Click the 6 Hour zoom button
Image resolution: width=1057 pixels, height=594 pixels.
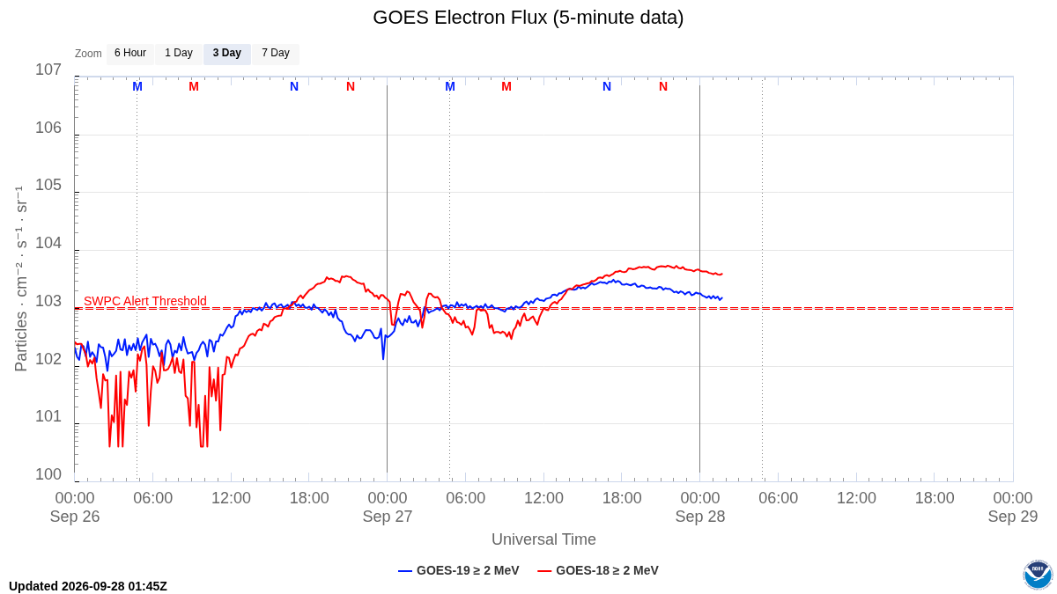(x=130, y=54)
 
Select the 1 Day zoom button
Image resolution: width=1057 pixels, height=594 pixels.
(x=179, y=54)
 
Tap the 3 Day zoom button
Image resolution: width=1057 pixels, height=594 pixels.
(x=227, y=54)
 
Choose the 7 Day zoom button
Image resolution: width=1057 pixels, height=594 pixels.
(x=276, y=54)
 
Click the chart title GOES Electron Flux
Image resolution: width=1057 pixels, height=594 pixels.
(x=528, y=18)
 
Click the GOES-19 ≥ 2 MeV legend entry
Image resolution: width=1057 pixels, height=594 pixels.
(x=459, y=570)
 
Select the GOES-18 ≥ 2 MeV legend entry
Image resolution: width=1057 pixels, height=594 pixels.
(x=598, y=570)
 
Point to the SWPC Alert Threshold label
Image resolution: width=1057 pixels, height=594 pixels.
(x=145, y=301)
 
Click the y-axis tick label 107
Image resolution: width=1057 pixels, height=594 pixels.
(x=48, y=70)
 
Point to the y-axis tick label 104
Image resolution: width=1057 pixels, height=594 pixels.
(x=48, y=243)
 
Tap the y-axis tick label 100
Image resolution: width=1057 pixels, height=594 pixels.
(x=48, y=474)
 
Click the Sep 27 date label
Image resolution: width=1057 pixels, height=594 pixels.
(x=388, y=517)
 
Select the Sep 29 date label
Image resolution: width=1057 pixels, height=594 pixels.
(x=1013, y=517)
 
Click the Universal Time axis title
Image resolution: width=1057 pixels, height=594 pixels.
(x=543, y=539)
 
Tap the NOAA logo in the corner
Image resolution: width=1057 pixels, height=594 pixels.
(x=1038, y=575)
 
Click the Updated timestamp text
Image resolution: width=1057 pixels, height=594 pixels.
(x=88, y=586)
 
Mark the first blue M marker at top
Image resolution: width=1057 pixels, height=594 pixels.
(x=137, y=87)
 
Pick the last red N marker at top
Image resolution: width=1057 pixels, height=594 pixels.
(x=663, y=87)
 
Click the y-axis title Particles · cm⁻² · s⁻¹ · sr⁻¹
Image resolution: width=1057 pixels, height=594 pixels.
(x=21, y=279)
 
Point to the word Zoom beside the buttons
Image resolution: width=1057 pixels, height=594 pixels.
(x=88, y=54)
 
